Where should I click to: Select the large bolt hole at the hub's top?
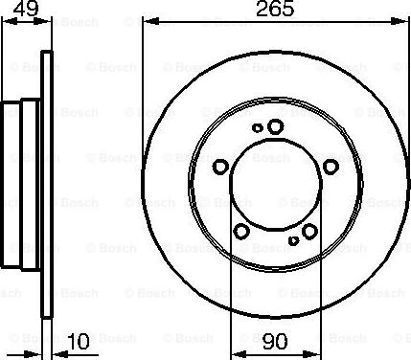click(x=276, y=126)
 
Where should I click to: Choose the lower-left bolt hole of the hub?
click(x=241, y=231)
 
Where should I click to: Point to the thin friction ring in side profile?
click(x=44, y=182)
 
